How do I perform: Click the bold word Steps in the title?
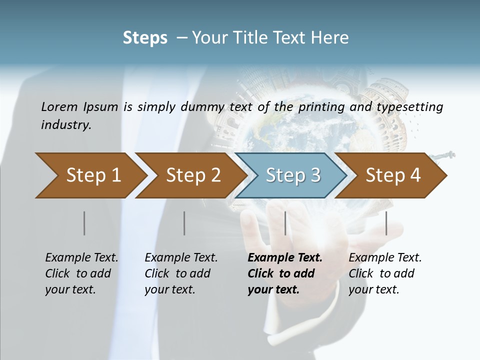pos(145,38)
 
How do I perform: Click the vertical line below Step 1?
pos(84,223)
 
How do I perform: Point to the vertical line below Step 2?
pos(184,223)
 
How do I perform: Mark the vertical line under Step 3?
pos(285,223)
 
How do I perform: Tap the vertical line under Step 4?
pos(386,223)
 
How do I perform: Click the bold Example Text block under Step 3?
pos(284,273)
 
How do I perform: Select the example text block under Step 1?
pos(81,273)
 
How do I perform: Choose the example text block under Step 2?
pos(181,273)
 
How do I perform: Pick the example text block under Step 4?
pos(385,273)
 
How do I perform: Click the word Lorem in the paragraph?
pos(59,106)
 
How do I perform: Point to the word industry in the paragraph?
pos(65,124)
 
